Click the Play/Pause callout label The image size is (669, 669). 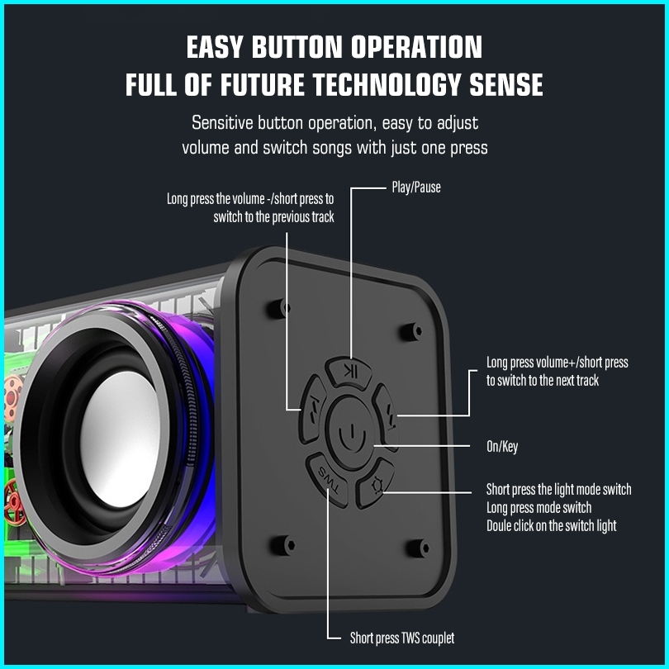tap(415, 187)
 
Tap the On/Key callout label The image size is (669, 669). tap(502, 447)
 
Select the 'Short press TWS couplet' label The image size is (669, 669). tap(401, 638)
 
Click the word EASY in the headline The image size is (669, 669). tap(217, 47)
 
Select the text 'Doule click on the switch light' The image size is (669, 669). tap(551, 525)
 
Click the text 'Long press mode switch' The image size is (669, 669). tap(539, 507)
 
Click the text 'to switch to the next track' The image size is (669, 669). tap(543, 381)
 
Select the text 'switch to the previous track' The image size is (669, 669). tap(273, 217)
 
